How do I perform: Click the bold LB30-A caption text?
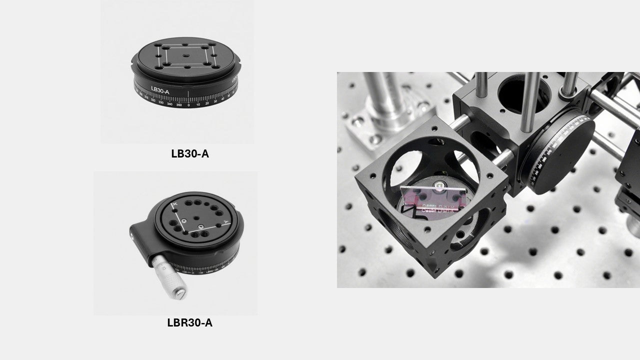click(189, 153)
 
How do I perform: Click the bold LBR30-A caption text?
click(189, 322)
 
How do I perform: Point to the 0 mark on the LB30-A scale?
click(188, 104)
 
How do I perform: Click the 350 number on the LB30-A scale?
click(179, 104)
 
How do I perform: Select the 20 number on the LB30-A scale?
click(206, 103)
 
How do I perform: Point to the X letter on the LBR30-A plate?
click(174, 205)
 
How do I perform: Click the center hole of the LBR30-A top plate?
click(193, 218)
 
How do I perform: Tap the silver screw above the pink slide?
click(438, 186)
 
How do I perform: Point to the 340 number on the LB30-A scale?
click(170, 104)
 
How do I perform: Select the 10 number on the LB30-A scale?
click(197, 104)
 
